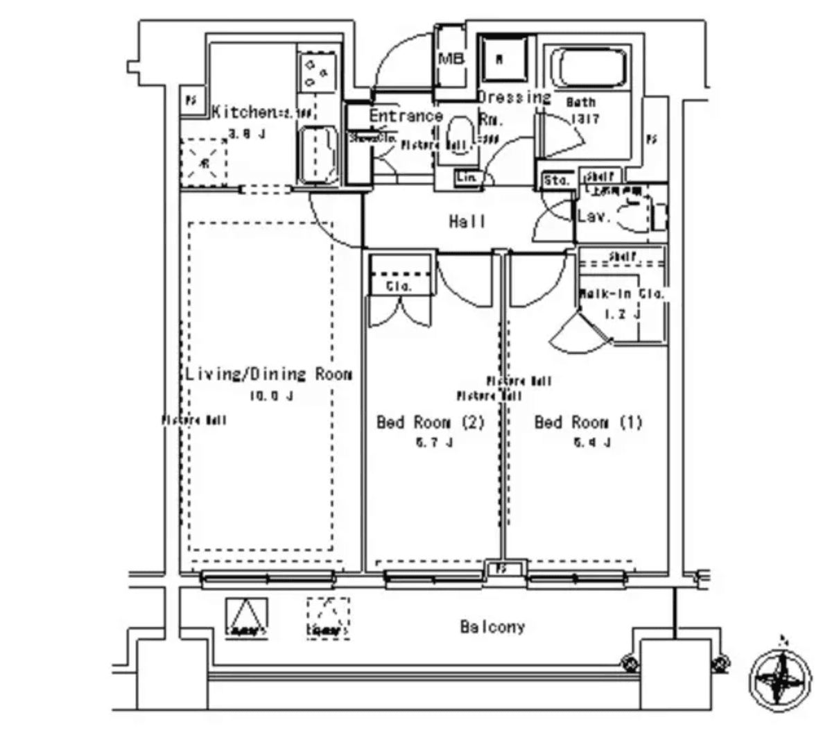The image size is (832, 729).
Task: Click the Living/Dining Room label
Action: [268, 375]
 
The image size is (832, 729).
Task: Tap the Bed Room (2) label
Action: [430, 422]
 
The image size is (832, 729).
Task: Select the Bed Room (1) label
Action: [588, 422]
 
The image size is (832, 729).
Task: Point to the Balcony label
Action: [492, 627]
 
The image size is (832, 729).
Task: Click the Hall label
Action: [467, 222]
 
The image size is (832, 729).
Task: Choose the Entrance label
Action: [406, 116]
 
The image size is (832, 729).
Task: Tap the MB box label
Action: [451, 59]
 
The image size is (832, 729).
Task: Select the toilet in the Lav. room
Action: [634, 215]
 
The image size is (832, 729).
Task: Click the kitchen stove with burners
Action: [317, 72]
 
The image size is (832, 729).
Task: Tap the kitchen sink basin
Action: [318, 155]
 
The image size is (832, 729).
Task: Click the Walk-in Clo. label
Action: [621, 293]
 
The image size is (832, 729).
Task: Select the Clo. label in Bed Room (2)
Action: [399, 285]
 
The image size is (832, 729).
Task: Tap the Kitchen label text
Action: [243, 112]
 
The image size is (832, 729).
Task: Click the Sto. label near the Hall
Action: [556, 180]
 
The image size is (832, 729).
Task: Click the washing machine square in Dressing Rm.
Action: [501, 60]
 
